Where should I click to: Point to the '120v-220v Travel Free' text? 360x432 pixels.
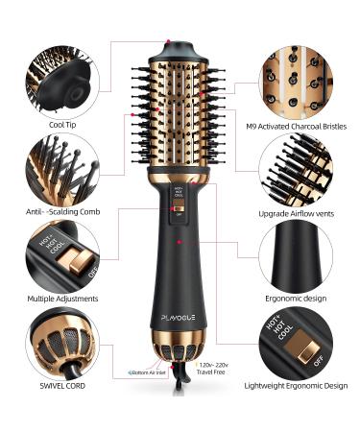point(215,369)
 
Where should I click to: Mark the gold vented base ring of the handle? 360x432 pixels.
point(180,362)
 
